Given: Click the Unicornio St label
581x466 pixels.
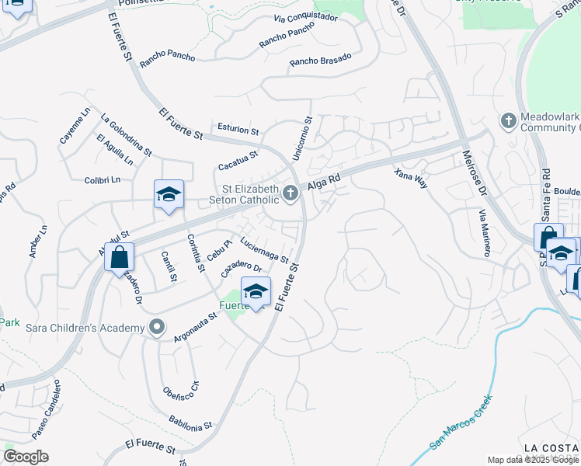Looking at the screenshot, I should pos(301,139).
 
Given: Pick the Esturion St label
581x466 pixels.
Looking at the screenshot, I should pos(238,130).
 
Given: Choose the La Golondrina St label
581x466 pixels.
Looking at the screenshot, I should pos(126,134).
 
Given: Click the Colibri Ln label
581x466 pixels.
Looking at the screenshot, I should pos(103,180).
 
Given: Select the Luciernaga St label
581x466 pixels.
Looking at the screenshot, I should pos(264,249).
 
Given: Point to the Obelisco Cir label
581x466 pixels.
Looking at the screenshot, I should pos(182,399).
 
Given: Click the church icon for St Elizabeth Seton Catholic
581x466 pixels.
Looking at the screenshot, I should pos(291,193).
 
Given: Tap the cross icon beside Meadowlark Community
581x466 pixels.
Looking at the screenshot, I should pos(508,121).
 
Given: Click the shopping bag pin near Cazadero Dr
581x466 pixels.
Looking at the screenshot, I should pos(120,257).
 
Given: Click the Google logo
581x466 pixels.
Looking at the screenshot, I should pos(26,457).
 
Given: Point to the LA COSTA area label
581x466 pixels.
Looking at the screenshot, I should pos(551,448).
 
